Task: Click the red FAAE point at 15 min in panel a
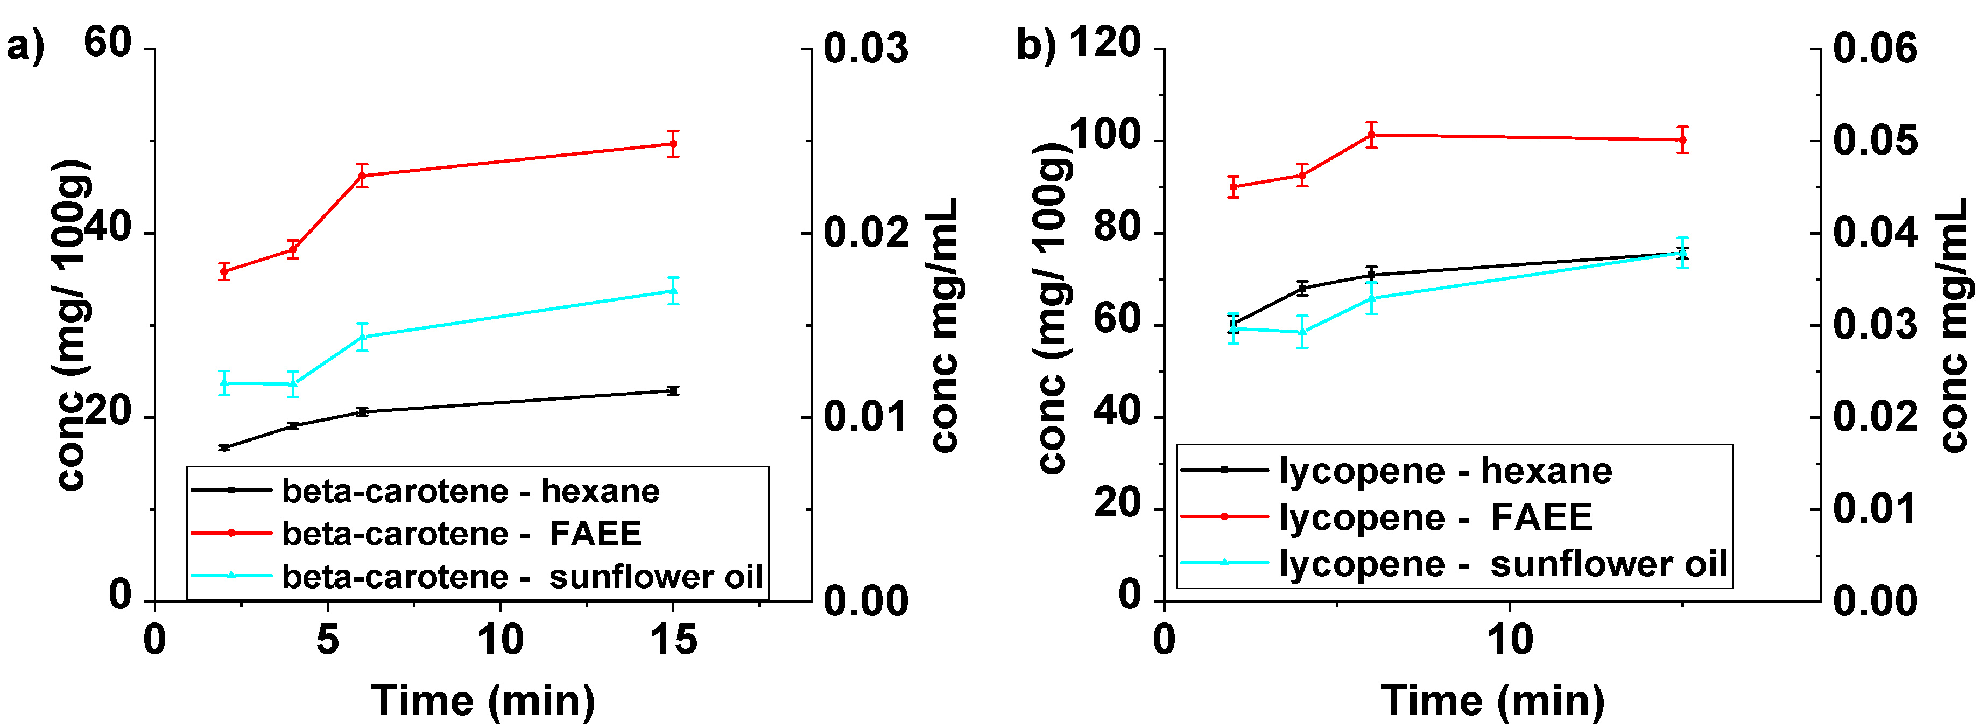[673, 144]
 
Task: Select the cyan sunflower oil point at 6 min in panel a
[362, 337]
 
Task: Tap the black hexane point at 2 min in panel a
[224, 447]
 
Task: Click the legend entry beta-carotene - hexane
[470, 491]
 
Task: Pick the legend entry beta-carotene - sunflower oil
[522, 577]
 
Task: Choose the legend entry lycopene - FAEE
[1436, 516]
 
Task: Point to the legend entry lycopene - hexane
[1445, 471]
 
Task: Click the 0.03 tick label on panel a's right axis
[865, 48]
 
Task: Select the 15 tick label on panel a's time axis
[673, 640]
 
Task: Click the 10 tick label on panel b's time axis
[1510, 640]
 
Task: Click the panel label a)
[25, 46]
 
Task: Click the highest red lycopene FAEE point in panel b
[1371, 135]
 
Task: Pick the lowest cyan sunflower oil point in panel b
[1302, 332]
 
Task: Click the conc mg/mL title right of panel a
[944, 324]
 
